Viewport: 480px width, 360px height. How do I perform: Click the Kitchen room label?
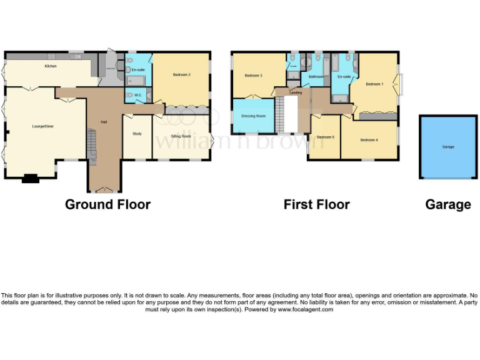(51, 66)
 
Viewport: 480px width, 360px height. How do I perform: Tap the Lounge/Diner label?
(43, 127)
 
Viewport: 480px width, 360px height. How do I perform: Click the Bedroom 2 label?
(181, 75)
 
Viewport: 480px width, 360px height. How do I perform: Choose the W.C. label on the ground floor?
(137, 96)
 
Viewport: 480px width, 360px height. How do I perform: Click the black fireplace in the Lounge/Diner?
(30, 179)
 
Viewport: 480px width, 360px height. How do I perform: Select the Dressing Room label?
(253, 116)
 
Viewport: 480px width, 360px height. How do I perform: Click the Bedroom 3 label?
(253, 76)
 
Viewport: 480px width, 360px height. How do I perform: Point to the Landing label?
(296, 92)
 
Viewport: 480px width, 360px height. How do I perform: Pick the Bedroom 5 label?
(325, 137)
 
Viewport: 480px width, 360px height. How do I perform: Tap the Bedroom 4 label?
(369, 140)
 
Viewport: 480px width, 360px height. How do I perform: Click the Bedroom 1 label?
(374, 84)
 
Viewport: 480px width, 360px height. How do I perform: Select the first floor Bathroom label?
(316, 77)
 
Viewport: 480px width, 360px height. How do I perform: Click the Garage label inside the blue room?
(448, 147)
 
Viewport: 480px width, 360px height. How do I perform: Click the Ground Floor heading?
(107, 204)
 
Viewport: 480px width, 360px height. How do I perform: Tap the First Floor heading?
(316, 204)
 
